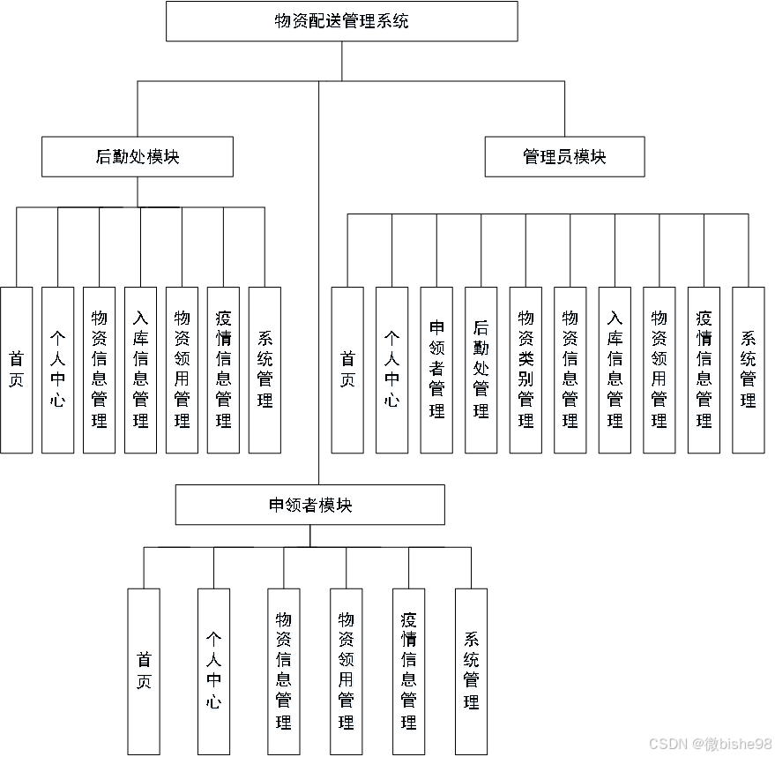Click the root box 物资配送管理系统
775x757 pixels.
click(341, 21)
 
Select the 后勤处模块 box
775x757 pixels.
click(138, 157)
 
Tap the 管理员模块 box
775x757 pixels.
click(564, 157)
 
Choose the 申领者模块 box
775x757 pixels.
click(309, 505)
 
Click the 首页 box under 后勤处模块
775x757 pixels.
click(16, 370)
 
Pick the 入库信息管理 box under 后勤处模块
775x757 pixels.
click(141, 370)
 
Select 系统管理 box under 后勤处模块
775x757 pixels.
click(265, 370)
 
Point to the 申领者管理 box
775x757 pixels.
click(436, 370)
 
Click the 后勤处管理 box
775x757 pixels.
click(481, 370)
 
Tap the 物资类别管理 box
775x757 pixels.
click(525, 370)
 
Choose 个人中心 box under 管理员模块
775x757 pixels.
click(391, 370)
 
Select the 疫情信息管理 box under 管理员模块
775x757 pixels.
click(704, 370)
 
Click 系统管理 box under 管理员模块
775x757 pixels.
click(749, 370)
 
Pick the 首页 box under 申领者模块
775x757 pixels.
click(144, 671)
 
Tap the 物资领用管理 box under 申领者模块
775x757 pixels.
click(347, 671)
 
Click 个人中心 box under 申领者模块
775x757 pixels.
click(213, 671)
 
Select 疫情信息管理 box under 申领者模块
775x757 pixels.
click(408, 671)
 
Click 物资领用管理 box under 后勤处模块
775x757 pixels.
click(183, 370)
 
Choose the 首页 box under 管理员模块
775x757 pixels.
click(347, 370)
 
